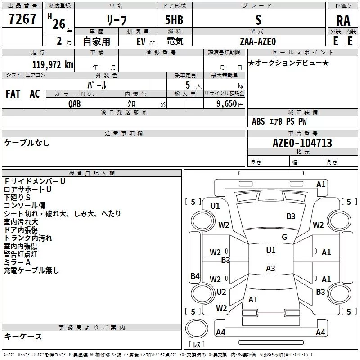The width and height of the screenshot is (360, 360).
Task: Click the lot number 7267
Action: coord(22,19)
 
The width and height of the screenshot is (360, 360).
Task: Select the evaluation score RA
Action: coord(343,21)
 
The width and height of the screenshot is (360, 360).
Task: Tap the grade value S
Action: coord(258,20)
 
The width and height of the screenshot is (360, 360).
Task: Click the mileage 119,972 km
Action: coord(52,64)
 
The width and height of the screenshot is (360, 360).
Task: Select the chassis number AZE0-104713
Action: coord(302,143)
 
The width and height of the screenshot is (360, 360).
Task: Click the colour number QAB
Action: coord(75,103)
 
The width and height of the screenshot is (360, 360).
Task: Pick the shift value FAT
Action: coord(13,94)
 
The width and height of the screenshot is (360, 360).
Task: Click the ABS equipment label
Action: coord(258,121)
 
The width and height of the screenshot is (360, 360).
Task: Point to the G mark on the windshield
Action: coord(284,237)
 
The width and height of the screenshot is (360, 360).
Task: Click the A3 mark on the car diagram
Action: coord(270,269)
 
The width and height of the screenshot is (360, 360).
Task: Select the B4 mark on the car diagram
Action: coord(195,276)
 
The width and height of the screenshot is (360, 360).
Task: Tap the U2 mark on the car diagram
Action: coord(221,292)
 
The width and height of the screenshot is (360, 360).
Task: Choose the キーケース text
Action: coord(23,337)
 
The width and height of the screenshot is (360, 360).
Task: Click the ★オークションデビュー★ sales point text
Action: coord(288,63)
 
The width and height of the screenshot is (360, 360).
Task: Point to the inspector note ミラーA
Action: coord(17,262)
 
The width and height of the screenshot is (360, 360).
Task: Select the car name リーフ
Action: coord(117,20)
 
